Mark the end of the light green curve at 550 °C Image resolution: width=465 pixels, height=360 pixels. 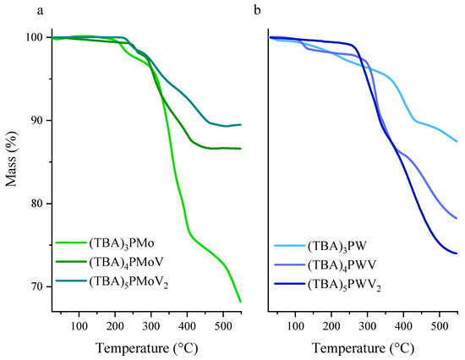pyautogui.click(x=240, y=301)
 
